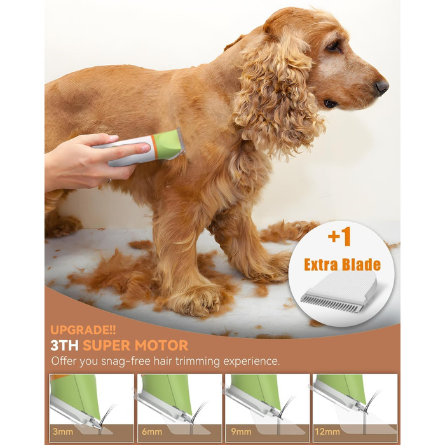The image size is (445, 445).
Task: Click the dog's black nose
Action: pos(381,88)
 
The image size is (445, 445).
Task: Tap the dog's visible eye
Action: pos(332,46)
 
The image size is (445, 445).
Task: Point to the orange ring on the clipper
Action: pos(153,147)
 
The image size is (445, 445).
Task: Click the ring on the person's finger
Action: pos(109,181)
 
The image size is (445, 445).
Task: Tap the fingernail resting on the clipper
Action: pos(145,147)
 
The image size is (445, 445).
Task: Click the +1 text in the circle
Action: pos(339,236)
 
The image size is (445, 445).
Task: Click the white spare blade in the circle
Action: pos(339,292)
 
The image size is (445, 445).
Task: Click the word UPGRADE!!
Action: pos(83,330)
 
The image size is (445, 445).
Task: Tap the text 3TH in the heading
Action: pos(64,345)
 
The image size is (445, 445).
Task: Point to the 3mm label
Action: pos(63,432)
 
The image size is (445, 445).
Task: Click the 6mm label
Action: pos(152,432)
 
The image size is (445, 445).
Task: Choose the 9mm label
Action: pos(241,432)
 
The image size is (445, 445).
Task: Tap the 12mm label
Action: pos(327,432)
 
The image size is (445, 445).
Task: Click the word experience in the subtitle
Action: pos(252,362)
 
